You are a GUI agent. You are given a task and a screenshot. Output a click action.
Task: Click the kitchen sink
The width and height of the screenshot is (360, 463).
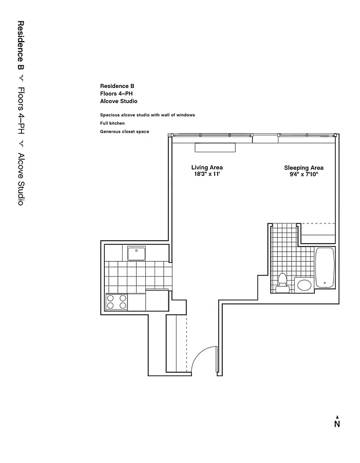point(137,252)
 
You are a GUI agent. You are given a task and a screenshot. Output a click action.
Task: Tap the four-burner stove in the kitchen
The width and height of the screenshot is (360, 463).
point(116,302)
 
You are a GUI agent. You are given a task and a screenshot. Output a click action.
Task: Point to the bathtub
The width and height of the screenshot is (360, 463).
point(325,267)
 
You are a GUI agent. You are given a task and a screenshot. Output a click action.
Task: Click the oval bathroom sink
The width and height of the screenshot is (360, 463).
point(304,285)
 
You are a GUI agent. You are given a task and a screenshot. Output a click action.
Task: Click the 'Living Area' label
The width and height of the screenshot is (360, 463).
point(207,167)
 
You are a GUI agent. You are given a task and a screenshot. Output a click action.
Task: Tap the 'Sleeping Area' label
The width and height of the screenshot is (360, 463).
point(303,167)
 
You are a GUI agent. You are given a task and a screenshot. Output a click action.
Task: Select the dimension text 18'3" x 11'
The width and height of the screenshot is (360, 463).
point(207,174)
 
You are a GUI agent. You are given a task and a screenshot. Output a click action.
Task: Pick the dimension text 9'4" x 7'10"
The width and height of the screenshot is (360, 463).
point(303,174)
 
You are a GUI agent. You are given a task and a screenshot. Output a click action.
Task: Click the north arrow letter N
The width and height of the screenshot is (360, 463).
point(337,424)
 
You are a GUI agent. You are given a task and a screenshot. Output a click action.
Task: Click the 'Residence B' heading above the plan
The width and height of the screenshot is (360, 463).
point(117,86)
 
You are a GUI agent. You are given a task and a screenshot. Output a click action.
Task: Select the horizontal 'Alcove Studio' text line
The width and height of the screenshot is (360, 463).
point(119,101)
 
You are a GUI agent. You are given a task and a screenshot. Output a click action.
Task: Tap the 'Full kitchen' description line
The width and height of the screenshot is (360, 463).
point(112,123)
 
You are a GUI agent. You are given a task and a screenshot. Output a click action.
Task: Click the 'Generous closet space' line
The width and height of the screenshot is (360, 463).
point(124,132)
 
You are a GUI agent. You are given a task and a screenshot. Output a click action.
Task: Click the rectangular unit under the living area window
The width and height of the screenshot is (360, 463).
point(215,147)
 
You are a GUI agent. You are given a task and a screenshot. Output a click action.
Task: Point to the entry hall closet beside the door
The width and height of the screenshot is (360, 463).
point(175,344)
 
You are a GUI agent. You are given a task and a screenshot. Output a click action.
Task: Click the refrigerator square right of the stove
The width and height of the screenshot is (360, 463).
point(156,300)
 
